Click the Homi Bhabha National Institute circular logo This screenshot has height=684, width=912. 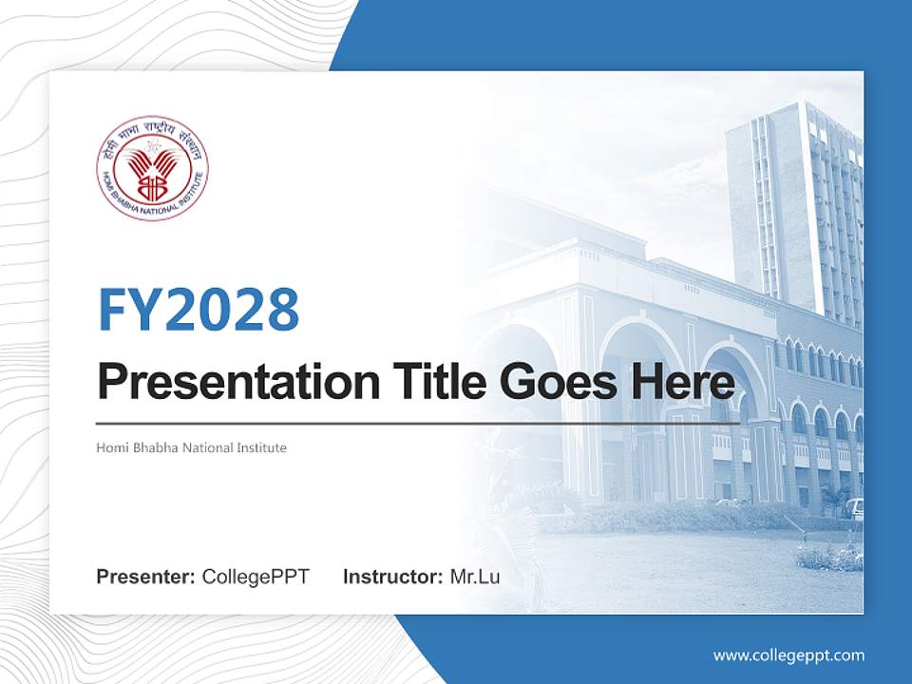[x=153, y=168]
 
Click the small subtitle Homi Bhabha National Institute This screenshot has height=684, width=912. [x=191, y=446]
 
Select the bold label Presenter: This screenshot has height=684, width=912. [x=146, y=577]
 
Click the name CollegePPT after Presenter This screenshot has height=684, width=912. [x=256, y=577]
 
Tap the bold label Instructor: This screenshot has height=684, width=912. [x=392, y=577]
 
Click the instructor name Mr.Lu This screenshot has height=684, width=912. [x=475, y=577]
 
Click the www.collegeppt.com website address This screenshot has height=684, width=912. [x=788, y=655]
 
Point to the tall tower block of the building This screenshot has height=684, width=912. [x=793, y=209]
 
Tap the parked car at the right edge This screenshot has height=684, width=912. [x=854, y=508]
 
